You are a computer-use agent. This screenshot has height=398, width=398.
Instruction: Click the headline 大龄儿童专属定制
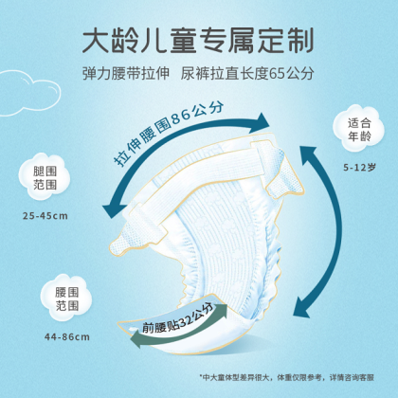pyautogui.click(x=198, y=41)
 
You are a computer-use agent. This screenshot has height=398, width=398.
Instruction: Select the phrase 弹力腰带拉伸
pyautogui.click(x=126, y=74)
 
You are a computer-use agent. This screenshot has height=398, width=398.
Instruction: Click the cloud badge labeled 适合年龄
pyautogui.click(x=359, y=129)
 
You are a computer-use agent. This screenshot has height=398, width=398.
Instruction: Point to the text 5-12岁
pyautogui.click(x=359, y=167)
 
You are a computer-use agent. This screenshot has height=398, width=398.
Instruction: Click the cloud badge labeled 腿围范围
pyautogui.click(x=45, y=177)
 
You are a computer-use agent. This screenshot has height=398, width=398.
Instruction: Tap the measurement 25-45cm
pyautogui.click(x=45, y=216)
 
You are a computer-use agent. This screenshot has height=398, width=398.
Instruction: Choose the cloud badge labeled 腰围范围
pyautogui.click(x=66, y=298)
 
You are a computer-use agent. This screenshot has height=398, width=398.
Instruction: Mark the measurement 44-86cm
pyautogui.click(x=67, y=337)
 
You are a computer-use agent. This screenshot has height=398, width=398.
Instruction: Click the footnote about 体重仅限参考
pyautogui.click(x=287, y=377)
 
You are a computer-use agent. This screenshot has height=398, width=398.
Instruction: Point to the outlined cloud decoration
pyautogui.click(x=30, y=93)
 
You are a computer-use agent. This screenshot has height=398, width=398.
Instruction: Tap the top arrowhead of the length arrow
pyautogui.click(x=308, y=154)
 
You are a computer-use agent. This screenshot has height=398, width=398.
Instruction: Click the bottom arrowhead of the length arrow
pyautogui.click(x=301, y=308)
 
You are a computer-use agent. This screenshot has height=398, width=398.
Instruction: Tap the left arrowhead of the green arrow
pyautogui.click(x=136, y=338)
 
